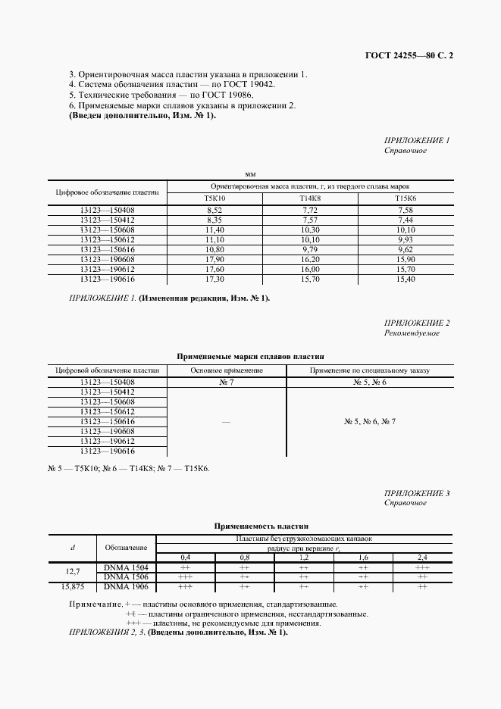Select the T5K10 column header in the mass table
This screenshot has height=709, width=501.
tap(214, 198)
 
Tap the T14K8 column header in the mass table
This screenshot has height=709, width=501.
tap(310, 198)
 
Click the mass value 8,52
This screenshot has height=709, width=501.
tap(214, 209)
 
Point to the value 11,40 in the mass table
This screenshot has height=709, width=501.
tap(214, 229)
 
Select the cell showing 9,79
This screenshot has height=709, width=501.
tap(310, 248)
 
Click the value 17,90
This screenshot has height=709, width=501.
tap(214, 258)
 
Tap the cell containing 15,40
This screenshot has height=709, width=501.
tap(405, 278)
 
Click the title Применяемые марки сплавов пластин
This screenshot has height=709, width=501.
tap(250, 355)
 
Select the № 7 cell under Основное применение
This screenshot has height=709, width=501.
tap(227, 383)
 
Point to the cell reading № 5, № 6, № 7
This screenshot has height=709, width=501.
tap(369, 421)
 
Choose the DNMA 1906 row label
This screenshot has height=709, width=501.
tap(126, 586)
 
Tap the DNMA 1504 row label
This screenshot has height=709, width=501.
tap(126, 567)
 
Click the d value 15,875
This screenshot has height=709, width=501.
tap(72, 586)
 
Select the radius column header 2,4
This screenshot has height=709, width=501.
tap(422, 558)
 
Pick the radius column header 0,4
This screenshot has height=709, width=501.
tap(185, 558)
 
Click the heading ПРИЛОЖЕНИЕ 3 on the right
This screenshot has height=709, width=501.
tap(417, 493)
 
